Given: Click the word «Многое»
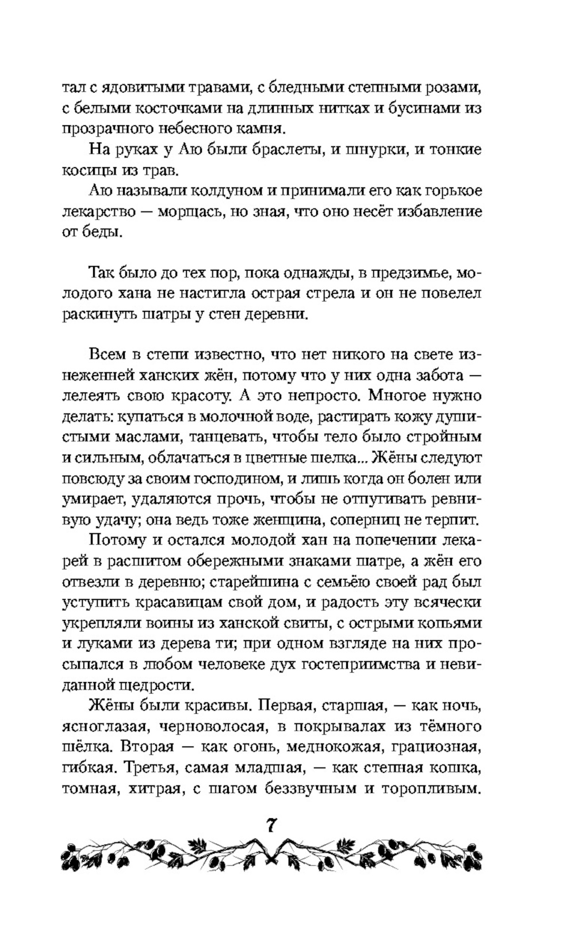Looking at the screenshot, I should tap(400, 396).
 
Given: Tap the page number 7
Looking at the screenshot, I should tap(271, 826).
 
